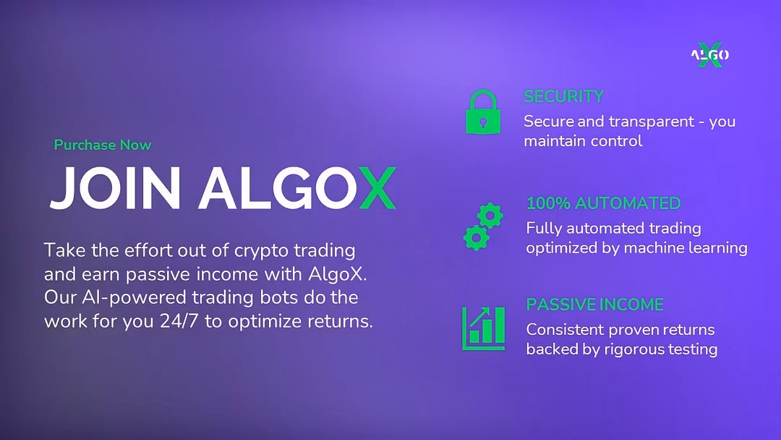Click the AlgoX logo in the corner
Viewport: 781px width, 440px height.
[710, 55]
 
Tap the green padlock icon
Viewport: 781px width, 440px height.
[483, 112]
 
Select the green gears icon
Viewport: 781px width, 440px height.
[483, 227]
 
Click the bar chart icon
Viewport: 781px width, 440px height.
[483, 329]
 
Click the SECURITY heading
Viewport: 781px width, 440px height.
[563, 96]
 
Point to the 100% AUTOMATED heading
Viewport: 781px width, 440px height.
[603, 203]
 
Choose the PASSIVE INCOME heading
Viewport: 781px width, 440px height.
[594, 305]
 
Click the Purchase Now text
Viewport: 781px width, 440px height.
[103, 145]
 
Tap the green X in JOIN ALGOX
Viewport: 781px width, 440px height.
[377, 188]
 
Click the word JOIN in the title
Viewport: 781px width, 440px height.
[115, 188]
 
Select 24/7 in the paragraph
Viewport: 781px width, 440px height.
[179, 321]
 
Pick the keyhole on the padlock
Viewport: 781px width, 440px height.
[482, 122]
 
